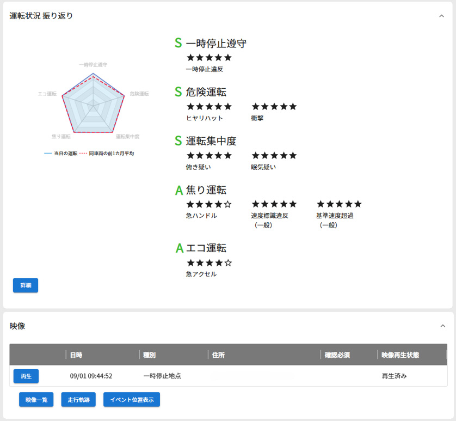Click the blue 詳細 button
pos(26,285)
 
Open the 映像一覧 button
pos(36,400)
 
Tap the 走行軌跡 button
pos(79,400)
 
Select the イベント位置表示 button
pos(132,400)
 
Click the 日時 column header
pos(76,355)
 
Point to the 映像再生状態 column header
pos(400,355)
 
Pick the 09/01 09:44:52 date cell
pos(91,376)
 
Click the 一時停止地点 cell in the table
pos(162,376)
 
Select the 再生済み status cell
pos(394,376)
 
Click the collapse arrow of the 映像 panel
pos(442,326)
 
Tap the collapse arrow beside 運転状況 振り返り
pos(442,16)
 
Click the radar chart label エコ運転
pos(47,94)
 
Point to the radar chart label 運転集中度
pos(128,136)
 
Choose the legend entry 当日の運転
pos(61,154)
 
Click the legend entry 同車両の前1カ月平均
pos(107,154)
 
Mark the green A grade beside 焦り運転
pos(178,190)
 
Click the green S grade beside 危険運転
pos(178,92)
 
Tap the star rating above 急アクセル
pos(209,263)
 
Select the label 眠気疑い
pos(263,167)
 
